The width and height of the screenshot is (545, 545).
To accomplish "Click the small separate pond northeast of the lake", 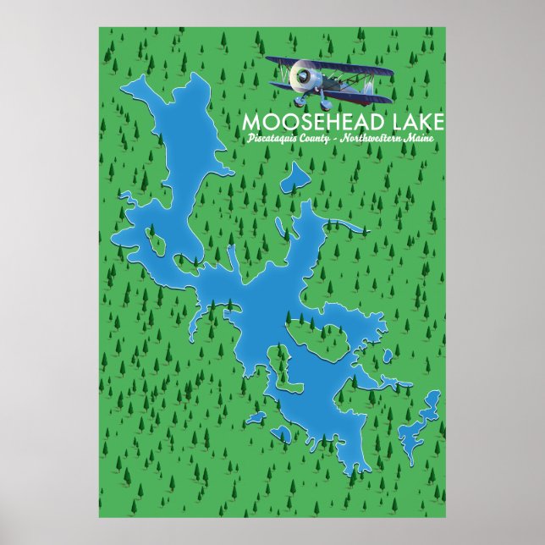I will [295, 178].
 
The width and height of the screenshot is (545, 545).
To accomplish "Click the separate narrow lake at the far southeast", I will [419, 423].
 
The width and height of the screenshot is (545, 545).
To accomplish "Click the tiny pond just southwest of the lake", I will [285, 439].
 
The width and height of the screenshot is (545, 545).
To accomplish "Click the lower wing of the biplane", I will [339, 84].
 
